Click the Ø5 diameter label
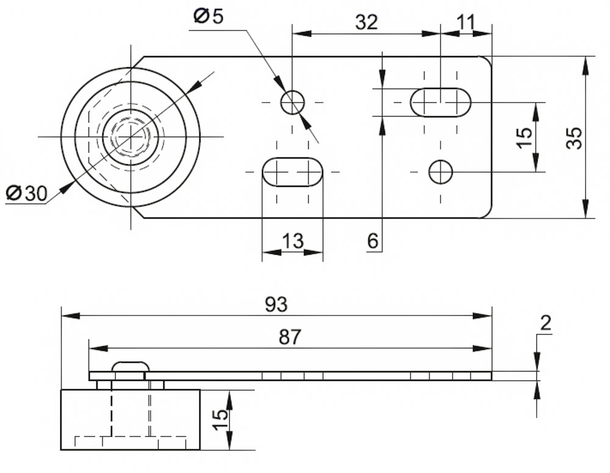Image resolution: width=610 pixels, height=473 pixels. tap(209, 16)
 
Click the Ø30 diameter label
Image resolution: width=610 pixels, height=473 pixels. tap(26, 193)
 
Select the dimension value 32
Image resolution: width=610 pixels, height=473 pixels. tap(366, 22)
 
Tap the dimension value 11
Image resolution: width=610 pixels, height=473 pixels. tap(465, 22)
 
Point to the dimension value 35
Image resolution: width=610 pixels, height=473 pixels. tap(574, 138)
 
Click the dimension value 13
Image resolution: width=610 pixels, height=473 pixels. tap(293, 240)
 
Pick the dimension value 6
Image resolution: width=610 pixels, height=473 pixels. tap(373, 242)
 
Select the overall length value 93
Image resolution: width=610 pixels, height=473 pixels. tap(276, 305)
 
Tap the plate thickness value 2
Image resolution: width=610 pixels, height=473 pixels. tap(545, 323)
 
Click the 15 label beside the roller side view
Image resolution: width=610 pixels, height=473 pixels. tap(221, 419)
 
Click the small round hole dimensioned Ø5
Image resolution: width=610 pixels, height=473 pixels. tap(293, 102)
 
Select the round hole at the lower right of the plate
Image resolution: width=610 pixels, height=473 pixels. tap(440, 172)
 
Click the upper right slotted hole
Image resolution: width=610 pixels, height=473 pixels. tap(440, 102)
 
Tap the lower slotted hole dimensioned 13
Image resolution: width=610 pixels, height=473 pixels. tap(293, 172)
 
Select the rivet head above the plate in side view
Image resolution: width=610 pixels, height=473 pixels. tap(130, 366)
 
